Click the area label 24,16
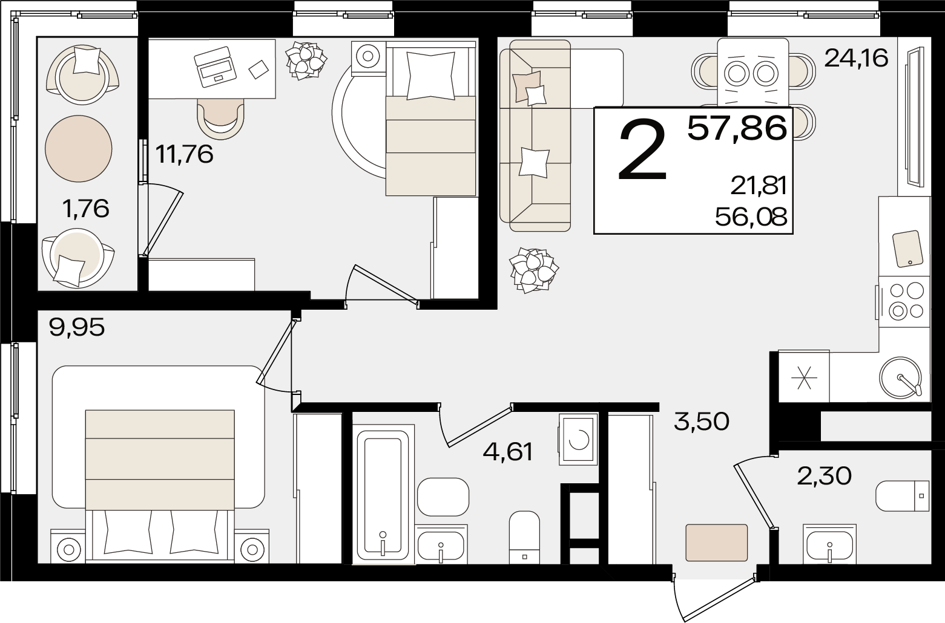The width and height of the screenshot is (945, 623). coord(857,59)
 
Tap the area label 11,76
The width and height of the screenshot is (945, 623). coord(185,154)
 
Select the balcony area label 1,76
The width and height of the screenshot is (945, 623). coord(85,209)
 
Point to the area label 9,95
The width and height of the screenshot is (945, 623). coord(77,327)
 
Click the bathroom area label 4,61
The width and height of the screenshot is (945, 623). coord(508,452)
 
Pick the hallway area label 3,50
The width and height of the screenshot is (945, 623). coord(702,422)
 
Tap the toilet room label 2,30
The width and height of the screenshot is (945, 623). coord(825,477)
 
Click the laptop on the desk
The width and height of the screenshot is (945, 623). coord(215,67)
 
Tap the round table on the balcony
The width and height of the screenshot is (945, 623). coord(79,148)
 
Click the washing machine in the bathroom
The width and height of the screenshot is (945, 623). coord(578,439)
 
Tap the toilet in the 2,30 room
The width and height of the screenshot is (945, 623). coord(903,496)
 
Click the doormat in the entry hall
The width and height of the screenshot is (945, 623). coord(716,543)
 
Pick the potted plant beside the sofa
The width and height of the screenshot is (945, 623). coord(534,270)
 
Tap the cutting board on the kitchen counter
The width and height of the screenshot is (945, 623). coord(907,249)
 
